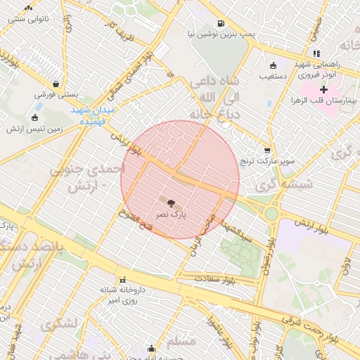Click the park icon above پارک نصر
(x=172, y=202)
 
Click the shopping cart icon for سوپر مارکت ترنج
(x=267, y=150)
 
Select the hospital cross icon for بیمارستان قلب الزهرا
(x=324, y=89)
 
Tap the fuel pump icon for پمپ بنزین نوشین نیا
(x=221, y=22)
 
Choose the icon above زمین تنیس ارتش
(x=35, y=118)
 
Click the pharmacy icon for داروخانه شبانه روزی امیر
(x=124, y=279)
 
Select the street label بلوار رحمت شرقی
(x=330, y=336)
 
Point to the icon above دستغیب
(x=264, y=65)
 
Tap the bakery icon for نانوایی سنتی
(x=28, y=8)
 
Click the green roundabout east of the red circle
(x=271, y=212)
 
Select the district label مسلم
(x=183, y=342)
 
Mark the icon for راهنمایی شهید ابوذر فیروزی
(x=317, y=53)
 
